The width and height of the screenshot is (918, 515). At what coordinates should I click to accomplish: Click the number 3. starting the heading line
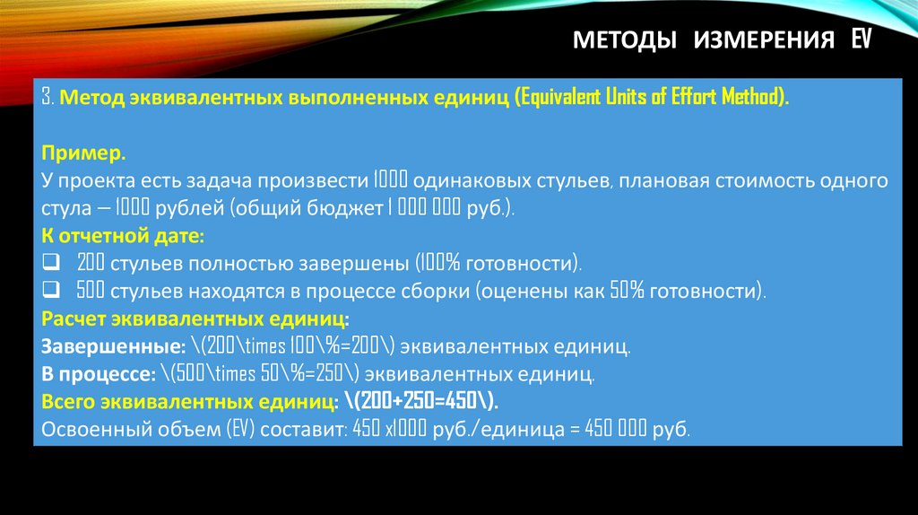point(48,97)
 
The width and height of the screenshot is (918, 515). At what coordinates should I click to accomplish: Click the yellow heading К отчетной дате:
point(124,236)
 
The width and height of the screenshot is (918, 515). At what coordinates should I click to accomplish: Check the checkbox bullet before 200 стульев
point(50,264)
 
